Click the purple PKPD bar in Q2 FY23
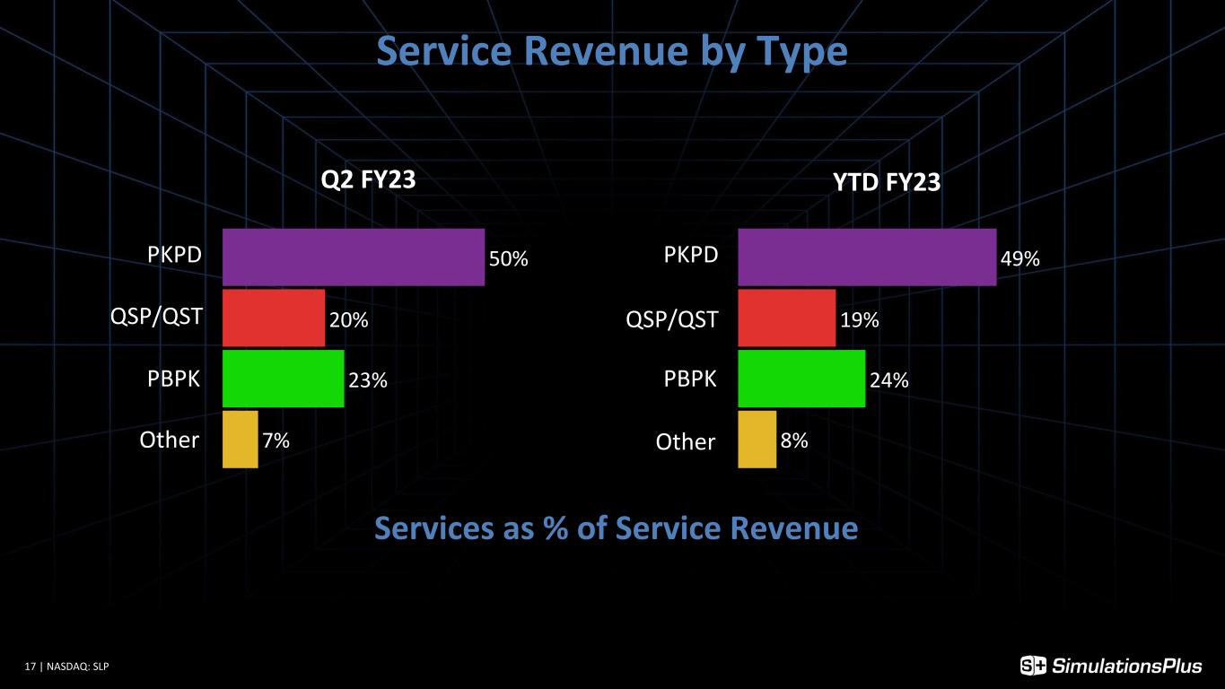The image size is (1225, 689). (354, 257)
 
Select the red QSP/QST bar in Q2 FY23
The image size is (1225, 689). (274, 318)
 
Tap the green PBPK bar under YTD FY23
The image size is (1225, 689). (801, 379)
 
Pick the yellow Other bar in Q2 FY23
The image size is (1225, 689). (241, 439)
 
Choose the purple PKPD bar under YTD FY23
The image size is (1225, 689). (867, 257)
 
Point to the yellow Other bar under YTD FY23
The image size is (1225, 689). (757, 439)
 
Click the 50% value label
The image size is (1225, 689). (509, 258)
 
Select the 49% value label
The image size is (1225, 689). (1019, 258)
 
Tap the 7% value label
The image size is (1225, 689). (276, 440)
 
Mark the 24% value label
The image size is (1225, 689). (889, 380)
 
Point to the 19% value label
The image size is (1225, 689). (860, 320)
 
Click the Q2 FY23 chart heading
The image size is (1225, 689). (368, 179)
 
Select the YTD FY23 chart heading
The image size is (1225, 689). (887, 181)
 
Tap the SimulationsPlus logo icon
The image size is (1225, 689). (1033, 666)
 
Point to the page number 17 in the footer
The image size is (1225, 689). (31, 667)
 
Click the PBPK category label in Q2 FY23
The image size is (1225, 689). (174, 379)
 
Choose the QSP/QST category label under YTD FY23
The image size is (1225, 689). (671, 320)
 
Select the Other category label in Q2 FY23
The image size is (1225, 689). (169, 440)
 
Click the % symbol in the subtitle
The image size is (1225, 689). (556, 528)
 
